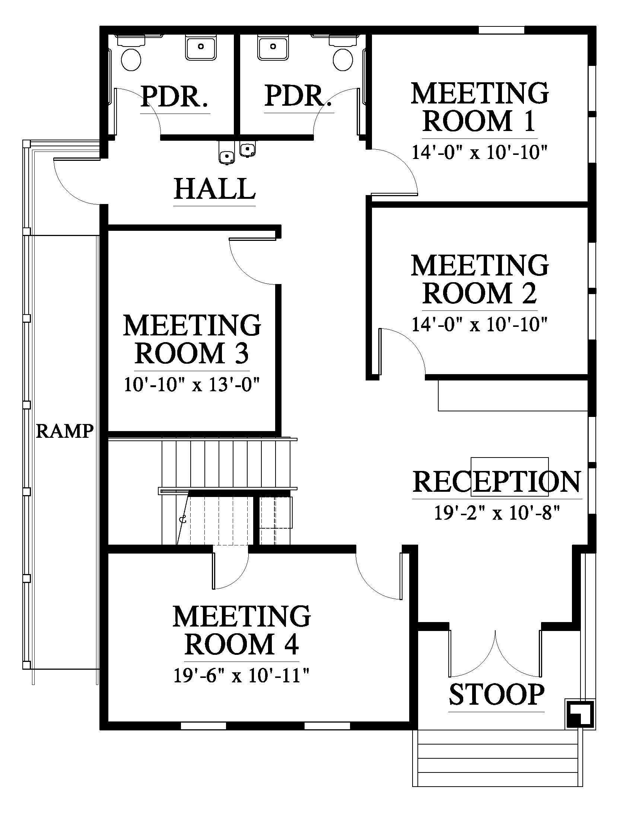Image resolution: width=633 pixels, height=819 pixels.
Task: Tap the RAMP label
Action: [64, 431]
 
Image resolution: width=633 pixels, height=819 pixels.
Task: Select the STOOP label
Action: [496, 695]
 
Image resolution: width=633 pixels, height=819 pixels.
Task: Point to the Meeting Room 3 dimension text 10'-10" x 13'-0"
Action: [192, 385]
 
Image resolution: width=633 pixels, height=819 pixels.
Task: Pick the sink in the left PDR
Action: [201, 47]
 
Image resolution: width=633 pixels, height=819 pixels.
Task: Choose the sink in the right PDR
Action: [273, 47]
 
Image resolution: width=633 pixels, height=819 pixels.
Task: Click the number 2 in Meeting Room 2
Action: [529, 293]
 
